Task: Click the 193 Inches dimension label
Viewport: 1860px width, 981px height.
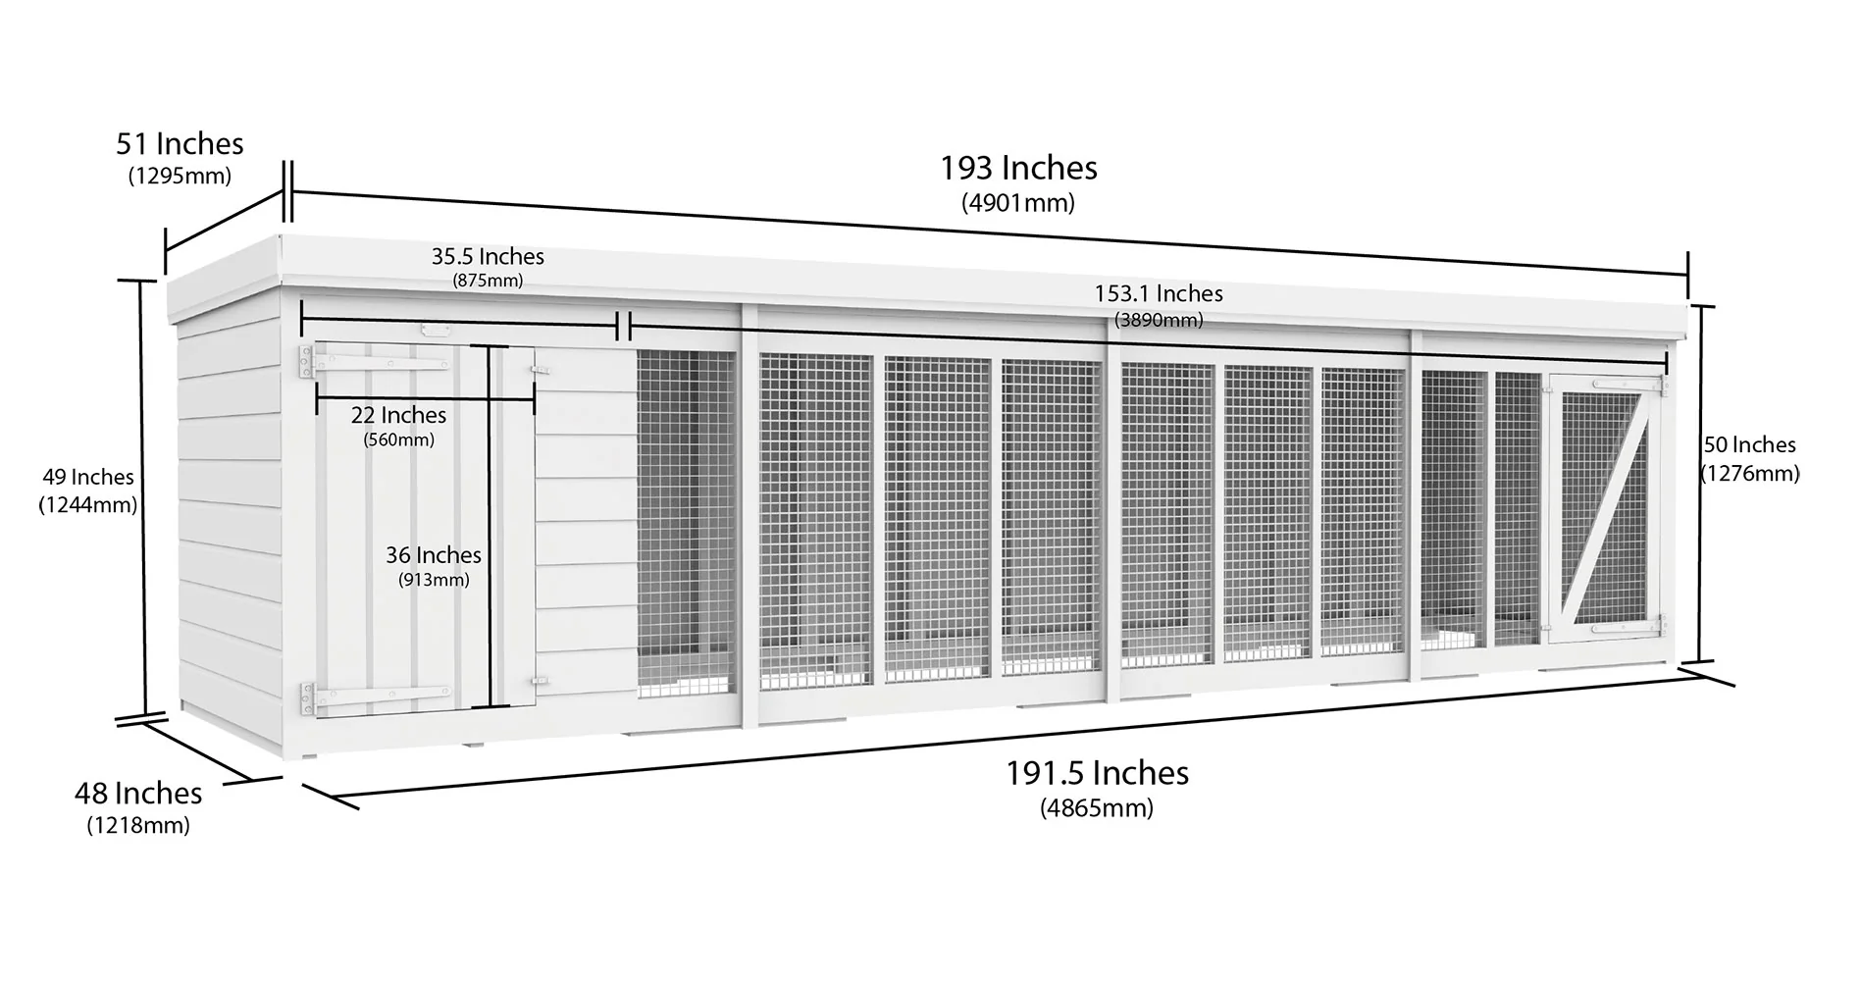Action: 1018,168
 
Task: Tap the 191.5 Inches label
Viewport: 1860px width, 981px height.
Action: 1097,773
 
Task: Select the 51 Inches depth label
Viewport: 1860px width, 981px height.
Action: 180,144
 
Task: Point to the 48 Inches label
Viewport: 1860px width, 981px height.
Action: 138,793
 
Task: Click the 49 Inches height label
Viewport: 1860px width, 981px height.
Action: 88,478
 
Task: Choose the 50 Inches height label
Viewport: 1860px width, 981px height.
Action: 1749,445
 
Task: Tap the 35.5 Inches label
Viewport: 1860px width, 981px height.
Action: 488,257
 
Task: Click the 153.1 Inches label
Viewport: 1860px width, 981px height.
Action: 1159,293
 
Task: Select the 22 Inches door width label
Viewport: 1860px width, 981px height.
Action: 398,416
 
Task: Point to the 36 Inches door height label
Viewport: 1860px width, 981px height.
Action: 434,555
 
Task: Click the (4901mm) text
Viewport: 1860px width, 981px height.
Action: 1018,203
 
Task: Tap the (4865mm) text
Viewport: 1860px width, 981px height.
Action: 1097,808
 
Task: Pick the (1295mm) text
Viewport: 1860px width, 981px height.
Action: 180,177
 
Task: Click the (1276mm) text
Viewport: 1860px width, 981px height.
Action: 1750,474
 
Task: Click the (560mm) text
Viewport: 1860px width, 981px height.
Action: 398,439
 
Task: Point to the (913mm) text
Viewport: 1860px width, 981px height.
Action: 434,580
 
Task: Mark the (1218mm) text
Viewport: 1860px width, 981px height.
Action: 138,826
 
